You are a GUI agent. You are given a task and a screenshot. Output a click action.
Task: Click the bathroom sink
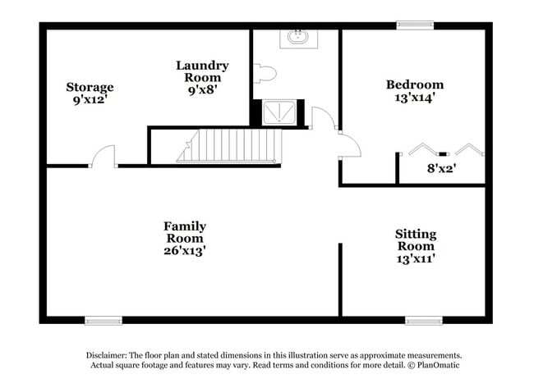coord(299,39)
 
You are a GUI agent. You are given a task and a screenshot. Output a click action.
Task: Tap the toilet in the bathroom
coord(265,73)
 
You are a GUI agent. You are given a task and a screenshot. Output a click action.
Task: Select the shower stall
coord(279,112)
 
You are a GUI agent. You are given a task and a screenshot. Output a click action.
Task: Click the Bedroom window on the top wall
coord(415,25)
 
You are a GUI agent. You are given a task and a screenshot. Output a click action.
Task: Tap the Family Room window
coord(104,321)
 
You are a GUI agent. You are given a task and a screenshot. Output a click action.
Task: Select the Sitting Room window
coord(424,321)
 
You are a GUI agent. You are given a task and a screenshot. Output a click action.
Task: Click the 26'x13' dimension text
coord(185,251)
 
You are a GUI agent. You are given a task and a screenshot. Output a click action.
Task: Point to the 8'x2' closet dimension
coord(442,168)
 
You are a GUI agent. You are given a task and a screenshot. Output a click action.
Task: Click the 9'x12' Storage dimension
coord(90,100)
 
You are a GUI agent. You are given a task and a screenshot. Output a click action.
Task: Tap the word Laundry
coord(202,66)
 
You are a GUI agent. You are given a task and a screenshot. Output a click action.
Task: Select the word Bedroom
coord(415,84)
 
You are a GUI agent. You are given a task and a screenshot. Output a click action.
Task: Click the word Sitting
coord(416,235)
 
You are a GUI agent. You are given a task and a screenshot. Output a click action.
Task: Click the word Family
coord(185,227)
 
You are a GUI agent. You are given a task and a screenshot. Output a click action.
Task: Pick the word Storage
coord(90,88)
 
